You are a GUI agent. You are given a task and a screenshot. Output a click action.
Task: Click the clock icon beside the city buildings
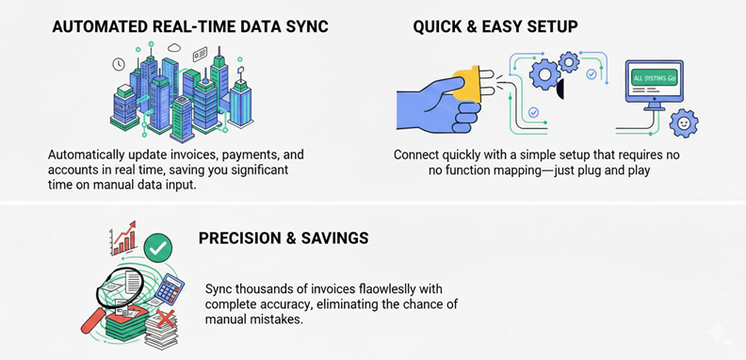[119, 65]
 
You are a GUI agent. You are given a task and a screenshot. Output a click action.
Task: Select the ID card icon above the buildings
[200, 55]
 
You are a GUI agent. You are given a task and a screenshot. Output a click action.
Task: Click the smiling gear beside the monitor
[682, 123]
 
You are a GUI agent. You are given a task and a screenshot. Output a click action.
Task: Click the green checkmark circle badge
[158, 249]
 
